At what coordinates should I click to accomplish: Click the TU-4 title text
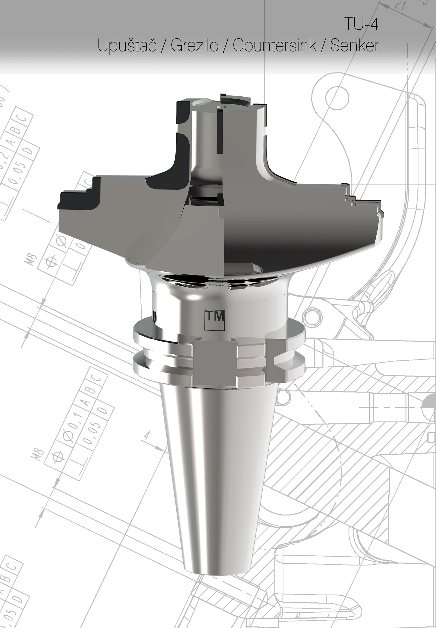click(361, 24)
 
